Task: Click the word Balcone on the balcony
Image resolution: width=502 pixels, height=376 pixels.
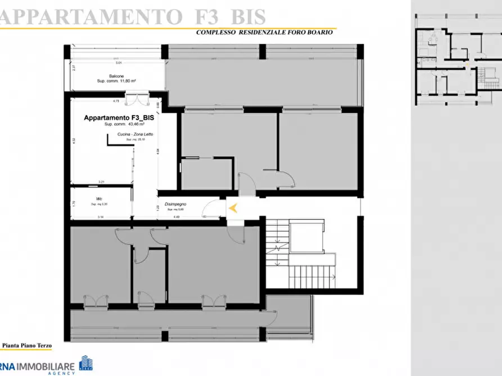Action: (117, 76)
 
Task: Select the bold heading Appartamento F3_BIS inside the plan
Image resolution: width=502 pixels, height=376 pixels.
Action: (119, 118)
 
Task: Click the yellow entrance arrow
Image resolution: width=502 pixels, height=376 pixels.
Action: (235, 208)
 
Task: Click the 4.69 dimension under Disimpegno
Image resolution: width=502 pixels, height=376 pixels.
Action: (176, 216)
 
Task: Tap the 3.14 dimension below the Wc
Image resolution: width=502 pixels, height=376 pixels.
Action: (101, 216)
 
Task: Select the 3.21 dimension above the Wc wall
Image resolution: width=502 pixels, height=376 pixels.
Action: (101, 182)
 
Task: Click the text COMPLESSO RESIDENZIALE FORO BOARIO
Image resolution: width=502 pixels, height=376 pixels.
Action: (264, 33)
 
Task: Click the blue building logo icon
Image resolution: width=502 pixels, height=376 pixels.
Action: (86, 364)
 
